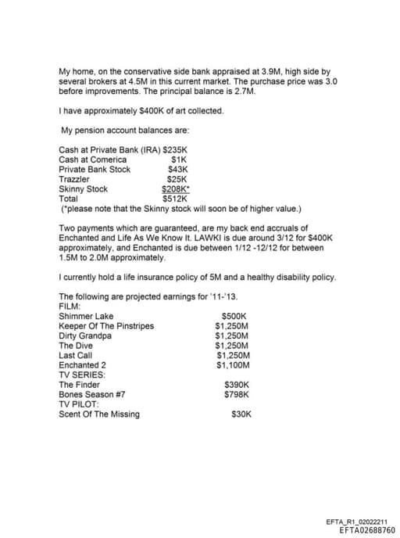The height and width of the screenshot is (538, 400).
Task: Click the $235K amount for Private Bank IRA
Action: pyautogui.click(x=177, y=149)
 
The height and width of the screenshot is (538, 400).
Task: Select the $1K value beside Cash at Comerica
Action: pyautogui.click(x=179, y=160)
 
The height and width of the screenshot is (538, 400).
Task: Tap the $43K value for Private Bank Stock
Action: pyautogui.click(x=179, y=169)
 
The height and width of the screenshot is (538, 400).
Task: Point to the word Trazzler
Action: pyautogui.click(x=74, y=179)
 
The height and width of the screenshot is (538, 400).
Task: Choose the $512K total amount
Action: pyautogui.click(x=178, y=199)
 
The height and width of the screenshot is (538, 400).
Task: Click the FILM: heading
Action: pyautogui.click(x=70, y=307)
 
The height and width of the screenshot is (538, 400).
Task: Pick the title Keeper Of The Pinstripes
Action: pyautogui.click(x=106, y=326)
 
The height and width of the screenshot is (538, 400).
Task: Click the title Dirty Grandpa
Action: pyautogui.click(x=85, y=336)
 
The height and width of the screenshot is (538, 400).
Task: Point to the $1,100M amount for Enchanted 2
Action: pyautogui.click(x=232, y=365)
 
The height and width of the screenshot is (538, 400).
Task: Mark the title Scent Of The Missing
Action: pyautogui.click(x=99, y=414)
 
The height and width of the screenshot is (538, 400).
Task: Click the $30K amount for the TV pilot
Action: pyautogui.click(x=241, y=414)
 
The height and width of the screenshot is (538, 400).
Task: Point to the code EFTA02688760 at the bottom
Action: pyautogui.click(x=367, y=529)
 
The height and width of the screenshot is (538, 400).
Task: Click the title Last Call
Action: pyautogui.click(x=76, y=356)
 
